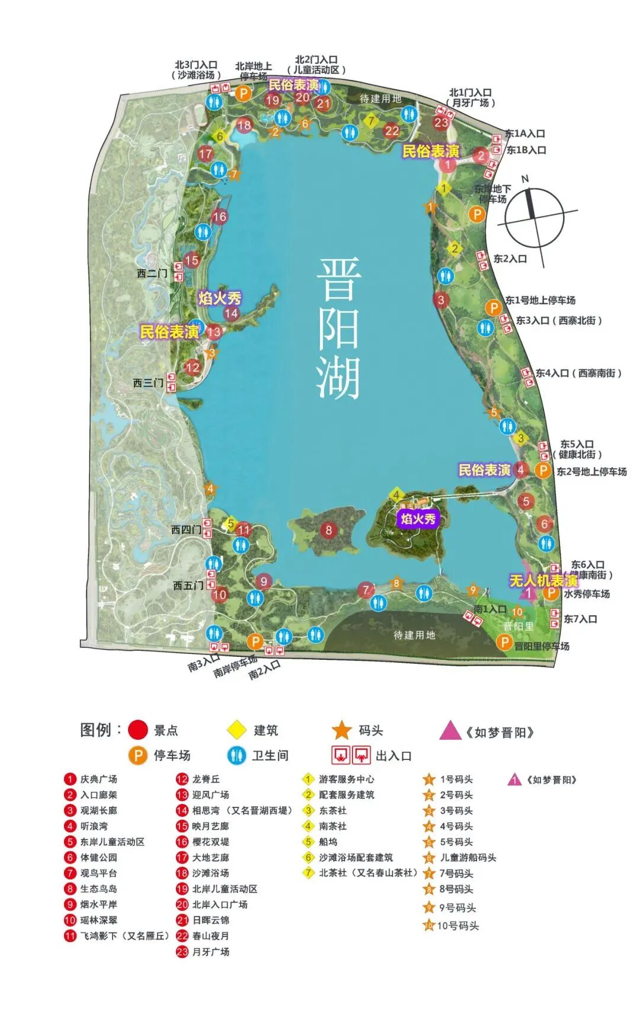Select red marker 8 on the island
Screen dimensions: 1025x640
[x=329, y=529]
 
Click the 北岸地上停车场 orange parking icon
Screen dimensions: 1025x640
[x=244, y=93]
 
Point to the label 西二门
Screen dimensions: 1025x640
[x=152, y=273]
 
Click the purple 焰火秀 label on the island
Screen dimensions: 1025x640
[x=418, y=519]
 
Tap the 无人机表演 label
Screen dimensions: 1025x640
[x=543, y=580]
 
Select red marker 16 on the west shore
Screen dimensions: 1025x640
[x=219, y=216]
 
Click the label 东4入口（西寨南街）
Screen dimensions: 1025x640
[x=578, y=373]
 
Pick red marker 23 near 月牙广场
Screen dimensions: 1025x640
[x=441, y=122]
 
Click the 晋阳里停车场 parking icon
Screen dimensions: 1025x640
[x=504, y=641]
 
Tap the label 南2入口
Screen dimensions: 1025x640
[x=264, y=670]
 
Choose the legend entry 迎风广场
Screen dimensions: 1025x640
[x=210, y=794]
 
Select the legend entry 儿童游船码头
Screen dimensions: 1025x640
[x=468, y=857]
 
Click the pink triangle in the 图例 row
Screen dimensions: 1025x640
[x=450, y=730]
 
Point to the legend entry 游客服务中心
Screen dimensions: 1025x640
[x=346, y=779]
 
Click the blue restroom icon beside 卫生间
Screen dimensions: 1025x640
[x=236, y=755]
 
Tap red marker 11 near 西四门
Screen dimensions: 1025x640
[x=244, y=529]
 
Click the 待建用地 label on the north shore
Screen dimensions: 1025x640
[x=380, y=98]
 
